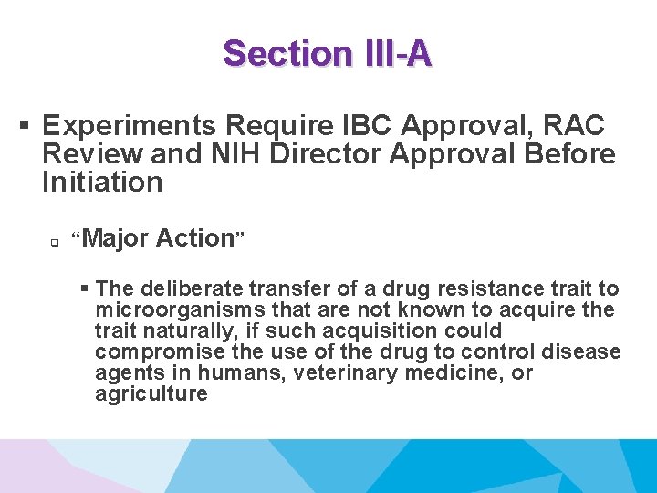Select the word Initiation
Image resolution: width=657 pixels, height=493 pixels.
pyautogui.click(x=101, y=182)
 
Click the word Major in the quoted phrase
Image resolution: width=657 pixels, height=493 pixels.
pyautogui.click(x=117, y=238)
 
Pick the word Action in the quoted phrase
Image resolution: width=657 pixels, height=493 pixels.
pyautogui.click(x=195, y=238)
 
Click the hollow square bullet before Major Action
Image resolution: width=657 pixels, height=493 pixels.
pyautogui.click(x=55, y=243)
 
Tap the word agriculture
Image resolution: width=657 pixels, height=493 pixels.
pyautogui.click(x=151, y=393)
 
